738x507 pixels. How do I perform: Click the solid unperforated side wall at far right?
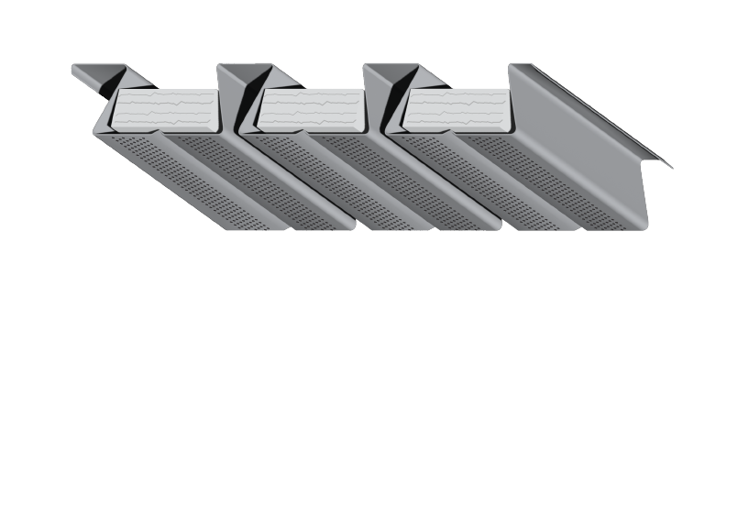pos(587,138)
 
